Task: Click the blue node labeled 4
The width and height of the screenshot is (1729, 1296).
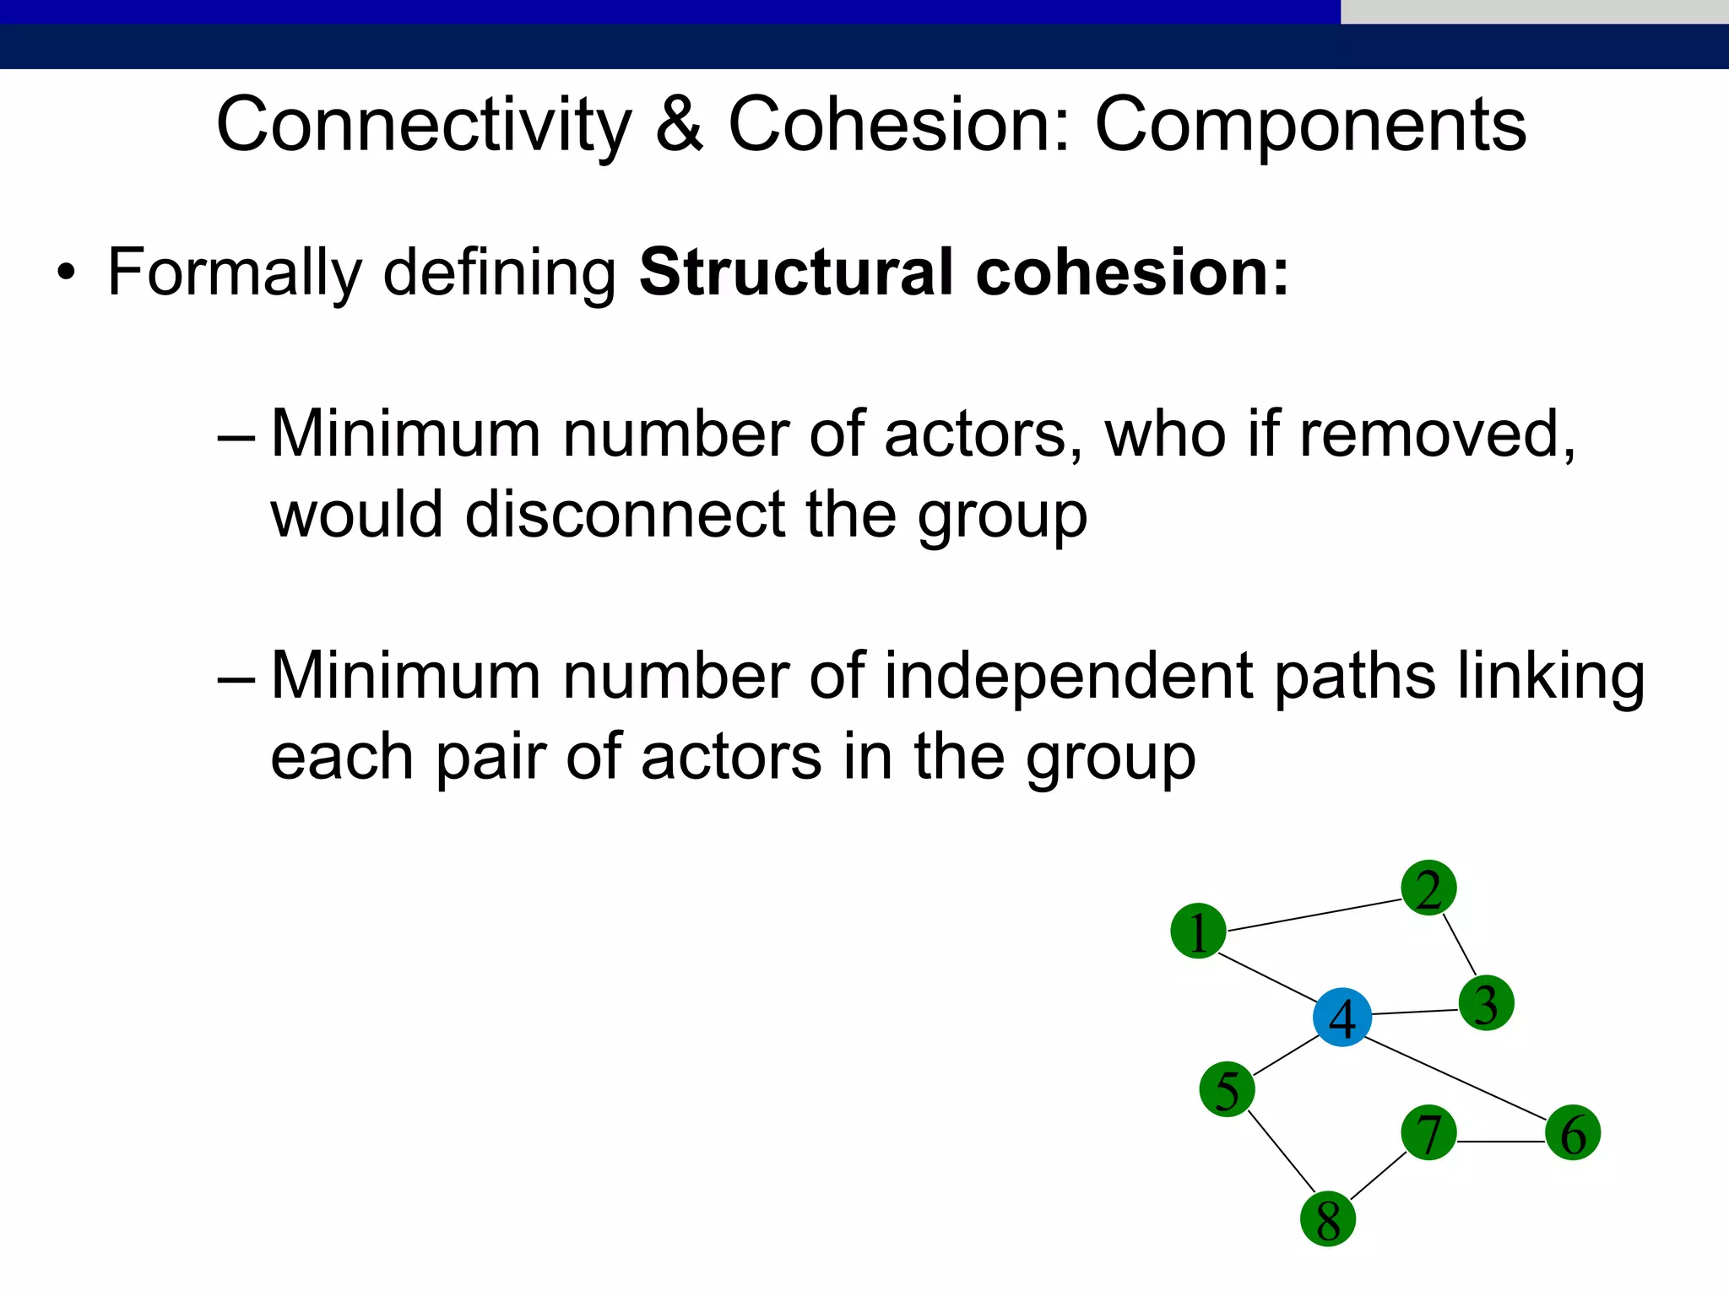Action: click(x=1341, y=1017)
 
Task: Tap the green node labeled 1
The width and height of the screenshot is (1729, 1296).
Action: click(x=1198, y=931)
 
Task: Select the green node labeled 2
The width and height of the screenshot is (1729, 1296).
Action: click(x=1428, y=888)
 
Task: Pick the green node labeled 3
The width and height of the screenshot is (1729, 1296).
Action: click(x=1486, y=1003)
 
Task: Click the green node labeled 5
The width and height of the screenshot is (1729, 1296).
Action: click(x=1227, y=1089)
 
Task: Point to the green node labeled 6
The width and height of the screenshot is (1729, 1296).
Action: click(x=1573, y=1132)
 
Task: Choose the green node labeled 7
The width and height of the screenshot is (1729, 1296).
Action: click(x=1428, y=1132)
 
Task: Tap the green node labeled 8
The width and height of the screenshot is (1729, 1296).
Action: click(x=1328, y=1219)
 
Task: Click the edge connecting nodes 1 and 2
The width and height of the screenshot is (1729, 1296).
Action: click(x=1314, y=915)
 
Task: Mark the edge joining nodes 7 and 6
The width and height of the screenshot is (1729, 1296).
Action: click(x=1501, y=1142)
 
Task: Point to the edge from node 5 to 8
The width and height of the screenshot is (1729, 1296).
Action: click(x=1281, y=1153)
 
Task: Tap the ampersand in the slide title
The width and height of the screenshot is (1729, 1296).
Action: click(x=679, y=125)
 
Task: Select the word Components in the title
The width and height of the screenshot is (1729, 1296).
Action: click(x=1310, y=125)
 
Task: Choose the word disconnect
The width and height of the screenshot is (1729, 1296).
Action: click(x=625, y=515)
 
